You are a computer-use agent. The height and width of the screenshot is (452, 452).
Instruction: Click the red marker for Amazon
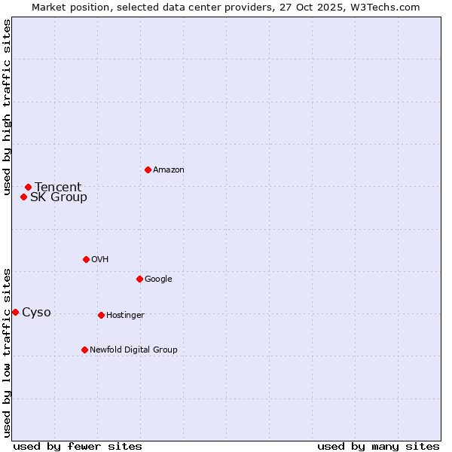click(148, 169)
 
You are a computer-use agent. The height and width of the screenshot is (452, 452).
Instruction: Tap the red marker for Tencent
click(28, 187)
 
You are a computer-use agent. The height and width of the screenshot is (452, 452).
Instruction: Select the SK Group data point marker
click(23, 197)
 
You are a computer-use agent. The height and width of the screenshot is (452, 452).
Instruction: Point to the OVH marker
click(86, 259)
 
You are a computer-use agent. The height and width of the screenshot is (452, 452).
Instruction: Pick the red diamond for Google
click(139, 279)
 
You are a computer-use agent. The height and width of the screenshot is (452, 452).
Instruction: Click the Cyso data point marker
click(15, 312)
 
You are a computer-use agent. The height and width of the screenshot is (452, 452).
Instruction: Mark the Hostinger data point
click(101, 315)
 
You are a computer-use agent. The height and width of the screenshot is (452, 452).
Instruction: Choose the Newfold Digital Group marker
click(84, 350)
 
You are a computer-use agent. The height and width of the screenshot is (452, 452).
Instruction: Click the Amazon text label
click(169, 170)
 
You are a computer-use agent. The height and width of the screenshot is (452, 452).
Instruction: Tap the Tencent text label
click(58, 188)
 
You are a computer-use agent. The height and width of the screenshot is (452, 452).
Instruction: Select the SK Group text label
click(59, 197)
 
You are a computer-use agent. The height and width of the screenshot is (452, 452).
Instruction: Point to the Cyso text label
click(36, 313)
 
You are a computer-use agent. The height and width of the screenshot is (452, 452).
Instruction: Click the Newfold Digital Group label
click(133, 350)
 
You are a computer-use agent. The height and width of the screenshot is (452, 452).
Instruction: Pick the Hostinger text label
click(125, 315)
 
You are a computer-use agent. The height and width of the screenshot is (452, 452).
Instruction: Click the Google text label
click(158, 279)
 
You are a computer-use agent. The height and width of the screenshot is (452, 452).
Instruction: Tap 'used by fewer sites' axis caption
click(78, 446)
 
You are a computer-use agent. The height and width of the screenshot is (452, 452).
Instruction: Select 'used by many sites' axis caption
click(378, 446)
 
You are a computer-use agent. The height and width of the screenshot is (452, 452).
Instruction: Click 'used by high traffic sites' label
click(7, 107)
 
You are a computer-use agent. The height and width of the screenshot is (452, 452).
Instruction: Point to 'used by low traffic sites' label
click(7, 352)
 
